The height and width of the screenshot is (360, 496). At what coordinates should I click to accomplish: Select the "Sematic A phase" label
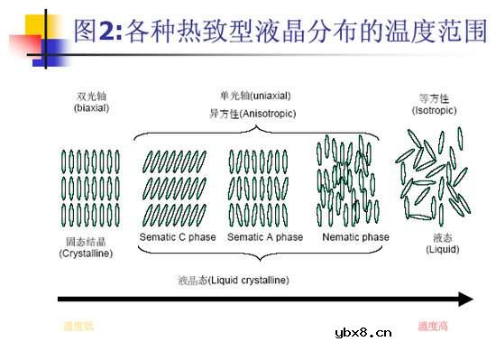(265, 237)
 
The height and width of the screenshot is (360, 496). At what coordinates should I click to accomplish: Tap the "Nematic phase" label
(355, 237)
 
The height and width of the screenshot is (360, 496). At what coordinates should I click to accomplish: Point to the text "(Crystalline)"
(87, 254)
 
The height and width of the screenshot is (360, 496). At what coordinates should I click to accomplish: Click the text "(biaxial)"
(91, 107)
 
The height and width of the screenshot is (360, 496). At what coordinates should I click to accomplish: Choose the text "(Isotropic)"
(434, 109)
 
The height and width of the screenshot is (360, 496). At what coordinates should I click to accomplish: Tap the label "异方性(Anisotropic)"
(253, 114)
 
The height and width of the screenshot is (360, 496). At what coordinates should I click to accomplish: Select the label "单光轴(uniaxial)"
(255, 96)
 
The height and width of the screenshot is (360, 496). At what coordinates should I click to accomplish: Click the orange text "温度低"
(78, 327)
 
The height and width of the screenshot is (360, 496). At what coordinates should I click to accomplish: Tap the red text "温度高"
(434, 327)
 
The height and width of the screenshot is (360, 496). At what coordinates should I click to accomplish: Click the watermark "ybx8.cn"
(363, 332)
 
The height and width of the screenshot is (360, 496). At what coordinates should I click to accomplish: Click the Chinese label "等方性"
(434, 97)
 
